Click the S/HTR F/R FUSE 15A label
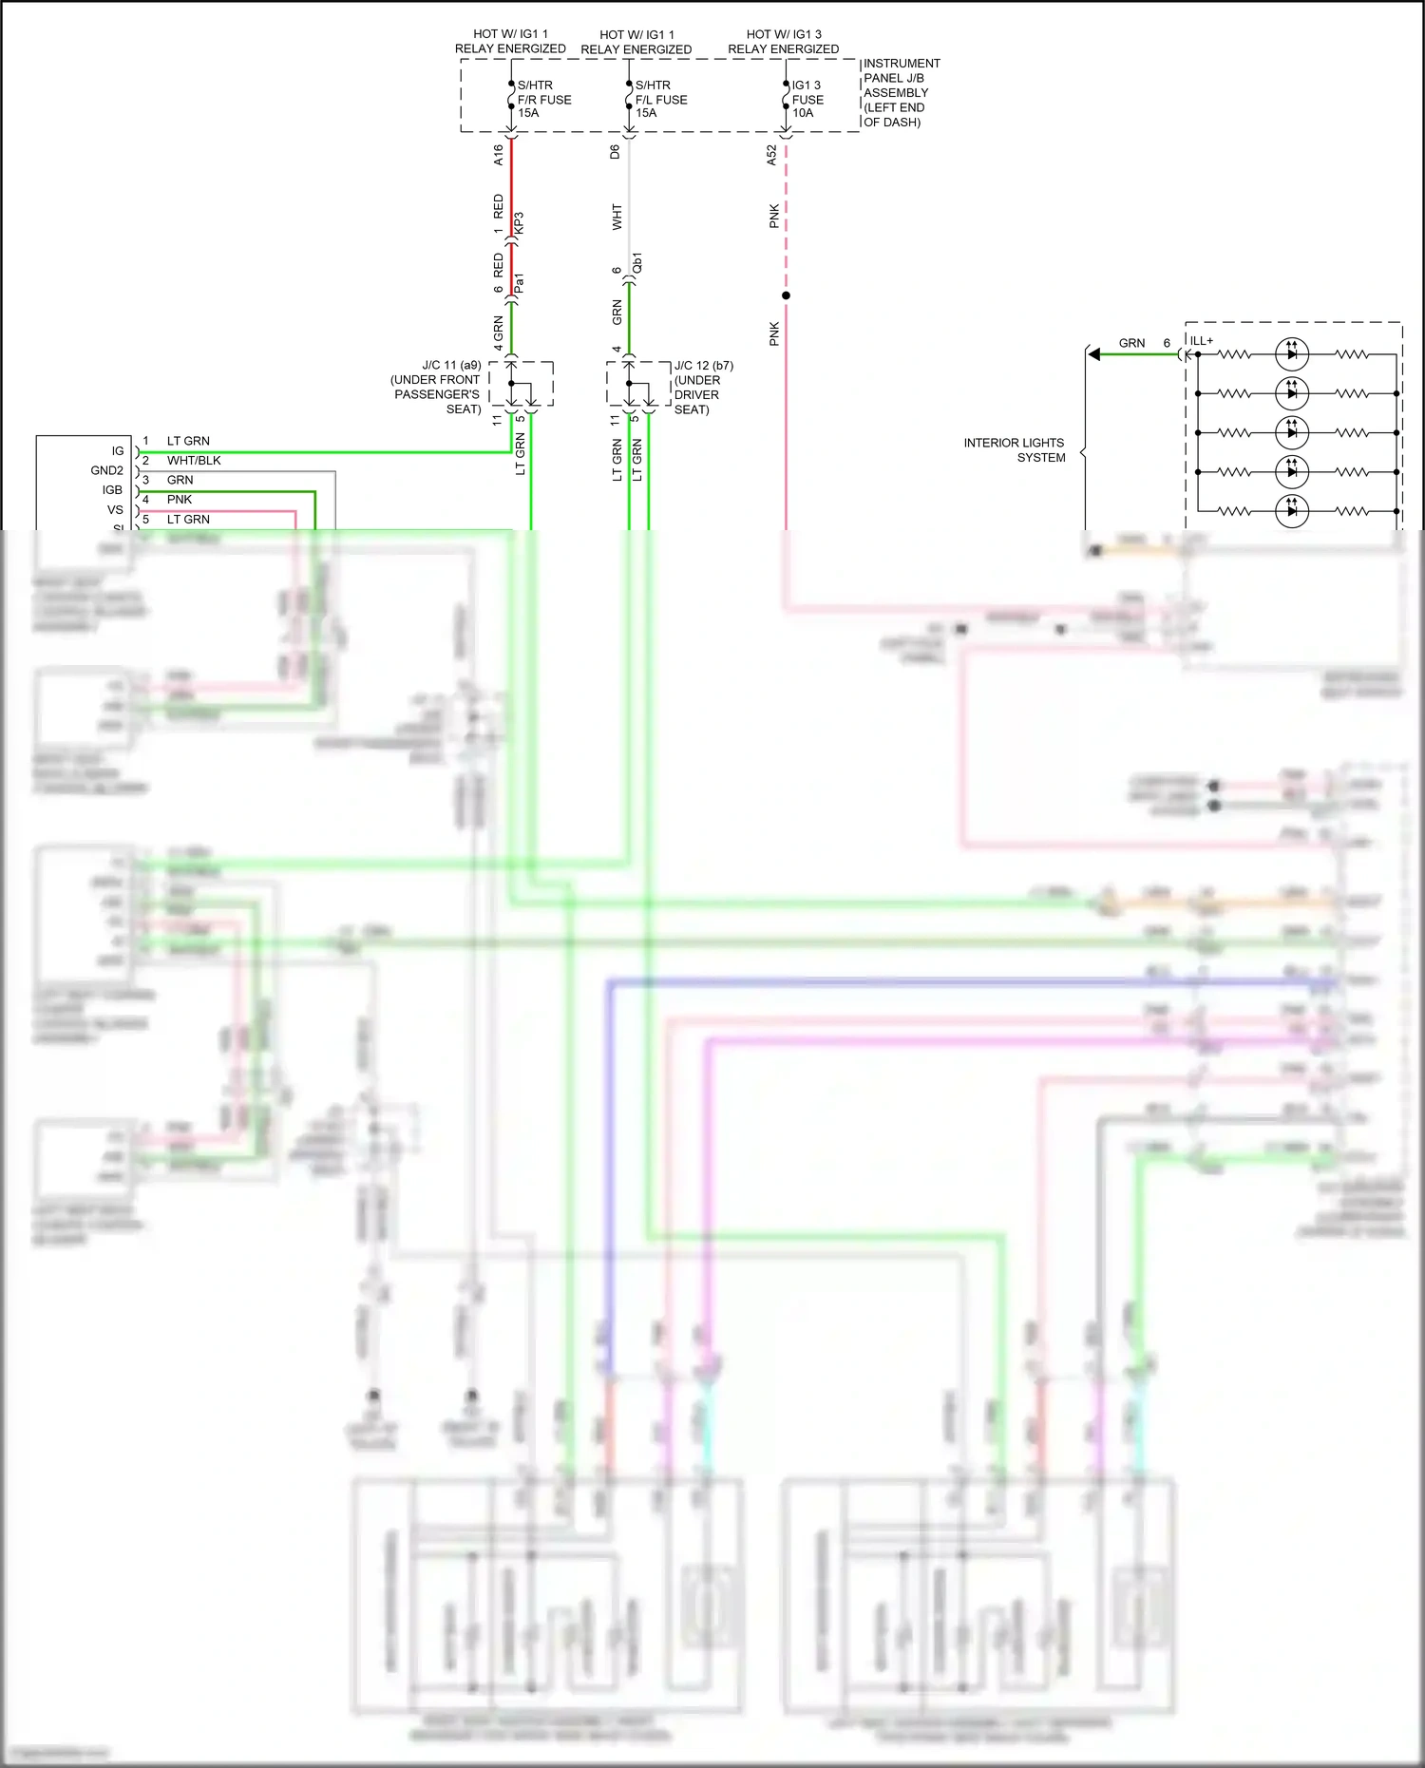point(543,99)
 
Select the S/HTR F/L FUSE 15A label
point(660,99)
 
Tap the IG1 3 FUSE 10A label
point(807,99)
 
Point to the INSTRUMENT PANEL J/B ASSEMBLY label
point(901,92)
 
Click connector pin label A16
point(499,155)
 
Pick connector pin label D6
point(616,151)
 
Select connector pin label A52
point(771,155)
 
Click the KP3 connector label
point(519,223)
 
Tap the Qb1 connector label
point(637,263)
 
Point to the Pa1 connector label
point(519,283)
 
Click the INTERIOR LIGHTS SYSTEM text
point(1014,450)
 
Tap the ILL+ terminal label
point(1202,341)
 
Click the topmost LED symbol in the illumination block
point(1291,354)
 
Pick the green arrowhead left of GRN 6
point(1094,354)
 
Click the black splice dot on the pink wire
point(786,295)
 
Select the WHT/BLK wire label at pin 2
point(194,461)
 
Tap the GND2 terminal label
point(107,470)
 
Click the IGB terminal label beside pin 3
point(112,490)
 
